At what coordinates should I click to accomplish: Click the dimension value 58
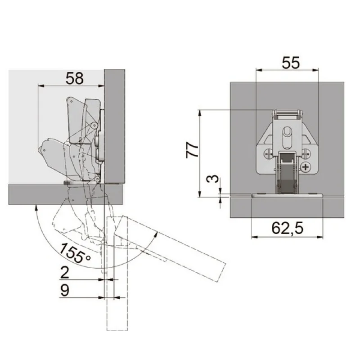[x=75, y=78]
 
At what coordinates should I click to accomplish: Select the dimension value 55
[x=291, y=63]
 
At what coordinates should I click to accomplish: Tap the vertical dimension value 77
[x=192, y=150]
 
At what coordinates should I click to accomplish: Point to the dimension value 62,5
[x=287, y=228]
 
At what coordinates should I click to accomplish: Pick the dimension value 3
[x=212, y=179]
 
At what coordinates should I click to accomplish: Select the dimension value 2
[x=64, y=273]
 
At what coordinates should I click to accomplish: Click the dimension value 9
[x=64, y=290]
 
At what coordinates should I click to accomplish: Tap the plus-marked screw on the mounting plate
[x=306, y=167]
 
